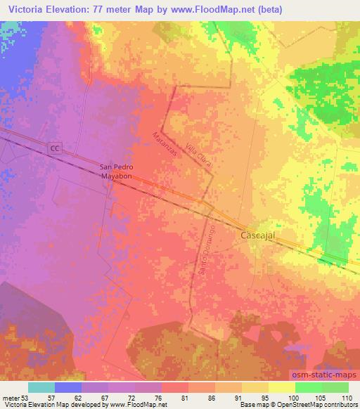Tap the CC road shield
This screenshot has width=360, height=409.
(x=56, y=148)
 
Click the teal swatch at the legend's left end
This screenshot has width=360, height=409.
(x=41, y=387)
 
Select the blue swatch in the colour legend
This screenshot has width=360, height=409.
(x=68, y=387)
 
